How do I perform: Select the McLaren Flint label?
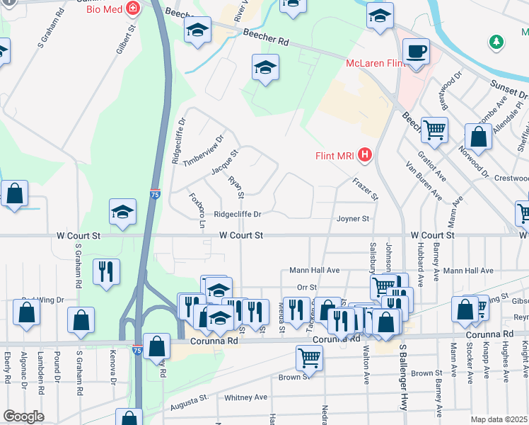tap(374, 64)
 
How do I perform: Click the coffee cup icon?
tap(416, 52)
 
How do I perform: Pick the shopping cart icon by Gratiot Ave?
tap(434, 130)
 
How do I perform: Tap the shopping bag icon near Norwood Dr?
tap(479, 137)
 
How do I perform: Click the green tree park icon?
tap(497, 42)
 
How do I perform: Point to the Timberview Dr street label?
tap(203, 149)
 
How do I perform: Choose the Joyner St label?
tap(353, 220)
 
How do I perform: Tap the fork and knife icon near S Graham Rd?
tap(106, 271)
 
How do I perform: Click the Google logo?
tap(24, 416)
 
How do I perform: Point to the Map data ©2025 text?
tap(499, 419)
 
